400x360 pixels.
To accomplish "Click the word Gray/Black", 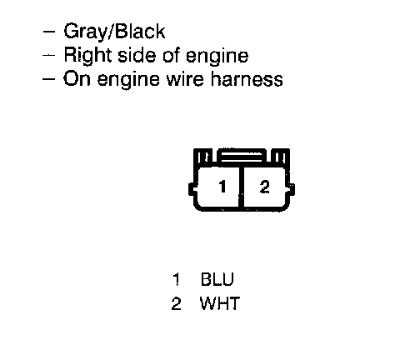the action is (114, 31).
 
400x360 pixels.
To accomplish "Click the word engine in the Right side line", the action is (217, 57).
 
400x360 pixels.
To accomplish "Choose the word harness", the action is (247, 78).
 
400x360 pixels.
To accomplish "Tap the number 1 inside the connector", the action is (222, 187).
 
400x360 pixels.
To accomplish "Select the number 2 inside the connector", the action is (264, 187).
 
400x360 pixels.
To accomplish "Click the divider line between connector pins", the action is (241, 187).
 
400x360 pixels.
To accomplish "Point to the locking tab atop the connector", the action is (242, 157).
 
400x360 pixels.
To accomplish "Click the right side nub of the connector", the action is (291, 189).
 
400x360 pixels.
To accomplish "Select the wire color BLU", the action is (217, 279).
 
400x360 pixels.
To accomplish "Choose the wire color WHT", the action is (219, 303).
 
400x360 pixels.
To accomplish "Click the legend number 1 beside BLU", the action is (177, 279).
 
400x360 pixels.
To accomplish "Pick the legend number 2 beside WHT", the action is (176, 303).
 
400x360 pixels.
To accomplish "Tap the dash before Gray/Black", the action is (49, 32).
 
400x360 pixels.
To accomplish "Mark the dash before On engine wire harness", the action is (49, 78).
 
